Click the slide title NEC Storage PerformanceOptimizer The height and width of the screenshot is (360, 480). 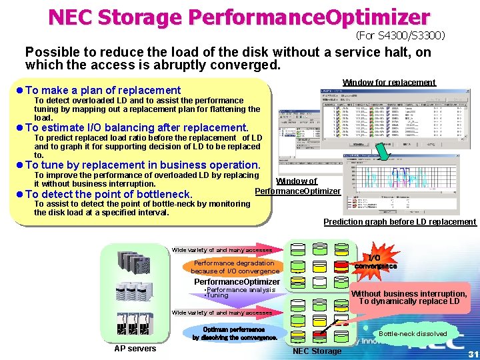point(239,16)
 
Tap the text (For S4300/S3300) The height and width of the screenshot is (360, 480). point(400,35)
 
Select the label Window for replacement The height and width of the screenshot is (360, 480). point(389,83)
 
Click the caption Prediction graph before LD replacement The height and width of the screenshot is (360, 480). point(399,222)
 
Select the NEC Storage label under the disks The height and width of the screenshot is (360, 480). point(317,351)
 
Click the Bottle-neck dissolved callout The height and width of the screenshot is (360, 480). point(413,333)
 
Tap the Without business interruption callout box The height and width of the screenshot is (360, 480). point(409,297)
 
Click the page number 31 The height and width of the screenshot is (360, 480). point(473,353)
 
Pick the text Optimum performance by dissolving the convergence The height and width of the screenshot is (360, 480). point(235,333)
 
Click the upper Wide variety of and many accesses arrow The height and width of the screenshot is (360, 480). point(223,250)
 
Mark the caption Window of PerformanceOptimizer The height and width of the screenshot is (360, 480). point(298,186)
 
